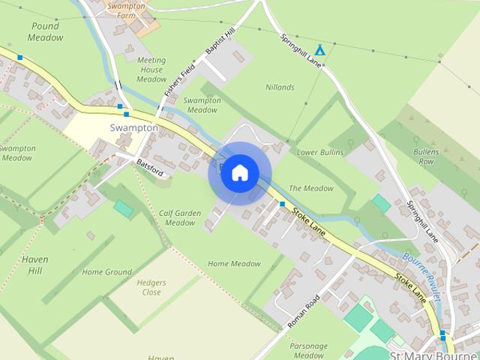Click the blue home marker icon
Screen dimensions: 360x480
238,172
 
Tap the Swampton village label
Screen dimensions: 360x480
134,127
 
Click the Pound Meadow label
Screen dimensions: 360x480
46,31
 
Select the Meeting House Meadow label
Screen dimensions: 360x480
151,70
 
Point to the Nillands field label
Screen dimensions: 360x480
280,87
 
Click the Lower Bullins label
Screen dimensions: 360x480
319,152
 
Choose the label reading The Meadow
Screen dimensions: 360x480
310,188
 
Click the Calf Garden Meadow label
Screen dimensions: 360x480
180,218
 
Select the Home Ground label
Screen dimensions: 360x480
106,272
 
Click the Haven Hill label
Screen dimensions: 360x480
35,264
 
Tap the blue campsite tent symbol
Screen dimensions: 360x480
319,49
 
